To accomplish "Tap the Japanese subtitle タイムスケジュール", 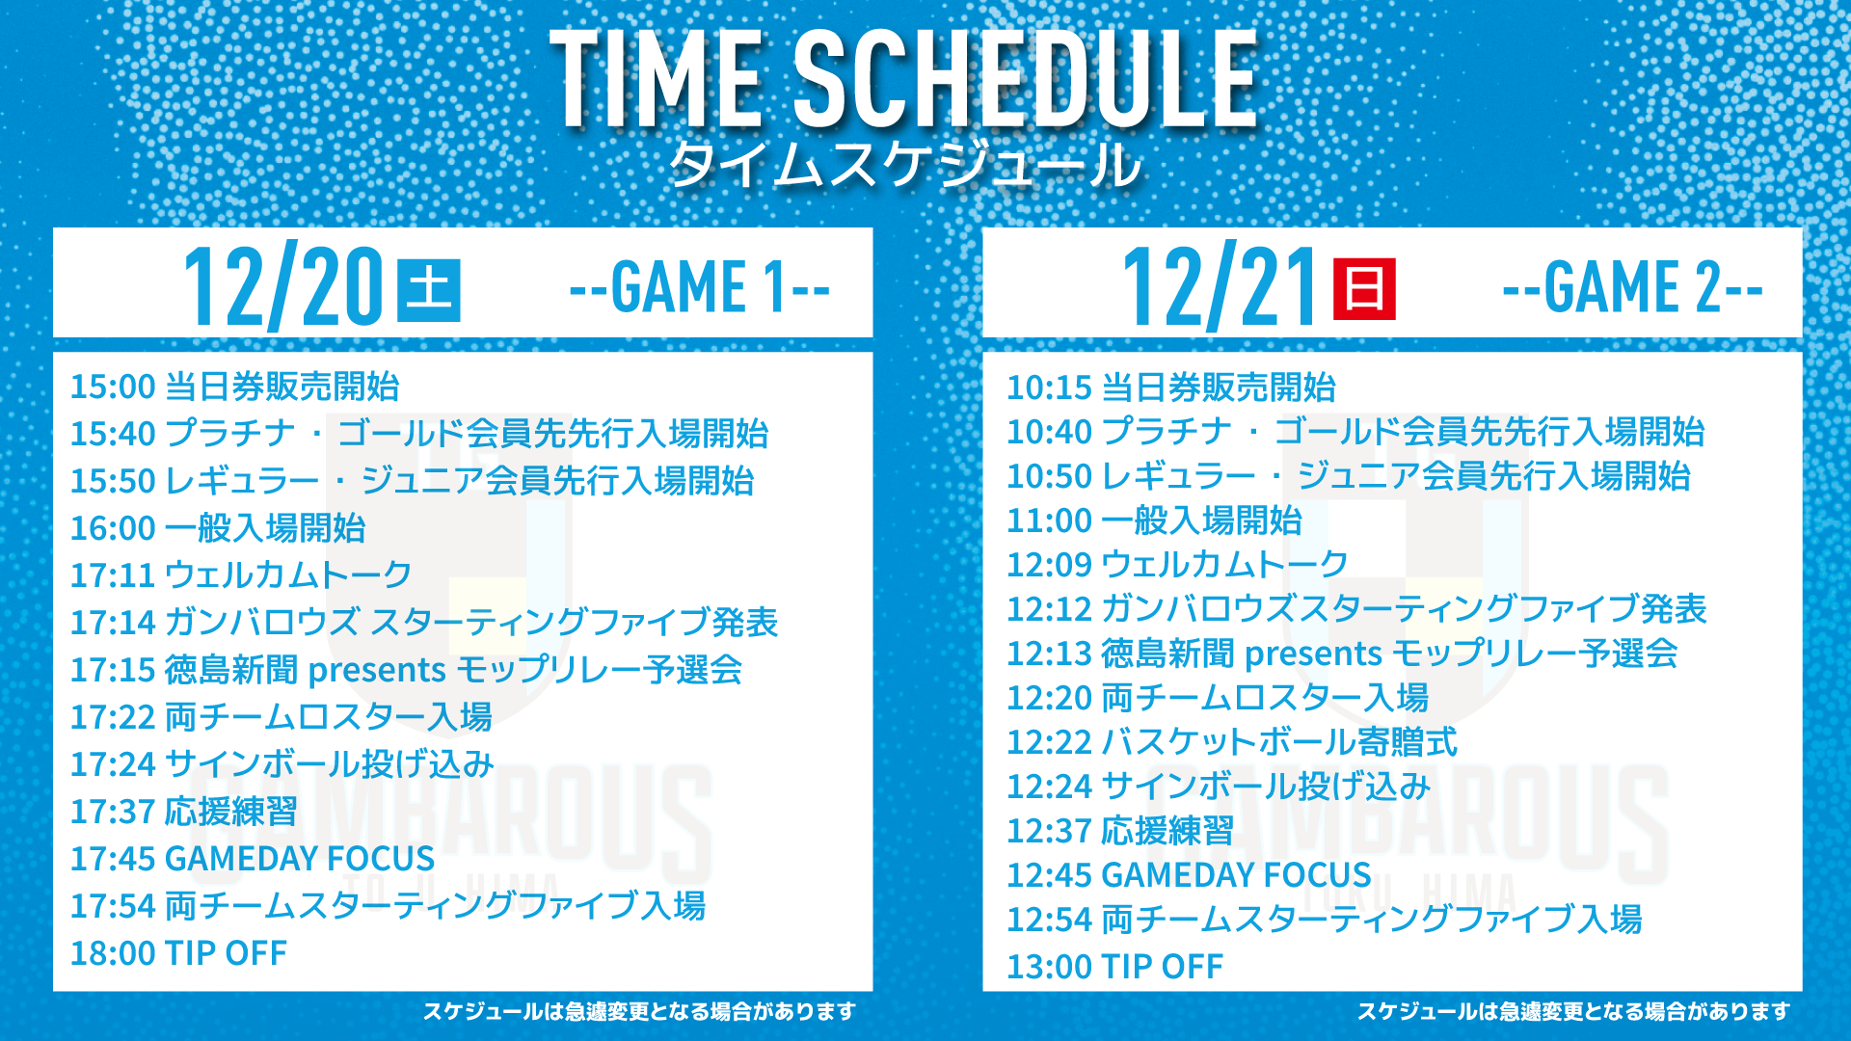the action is (x=904, y=164).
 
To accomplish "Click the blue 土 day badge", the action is (x=428, y=289).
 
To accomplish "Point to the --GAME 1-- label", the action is (x=700, y=286).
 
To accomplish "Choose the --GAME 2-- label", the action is (x=1633, y=286).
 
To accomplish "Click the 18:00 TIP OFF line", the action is (x=178, y=953).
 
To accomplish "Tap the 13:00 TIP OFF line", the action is (x=1114, y=966).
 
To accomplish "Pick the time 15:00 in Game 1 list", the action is (x=113, y=387).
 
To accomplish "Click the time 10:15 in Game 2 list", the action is (x=1049, y=387).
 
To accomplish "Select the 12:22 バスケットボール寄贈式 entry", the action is (x=1232, y=742).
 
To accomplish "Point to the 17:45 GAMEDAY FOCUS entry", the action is (x=253, y=859).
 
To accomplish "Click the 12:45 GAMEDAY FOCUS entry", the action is (x=1189, y=875).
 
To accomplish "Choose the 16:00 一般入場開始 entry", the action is (x=218, y=528).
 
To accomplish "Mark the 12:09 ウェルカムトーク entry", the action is (x=1177, y=564).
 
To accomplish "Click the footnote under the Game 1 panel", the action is (x=639, y=1011).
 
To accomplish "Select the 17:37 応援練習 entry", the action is (x=183, y=812).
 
